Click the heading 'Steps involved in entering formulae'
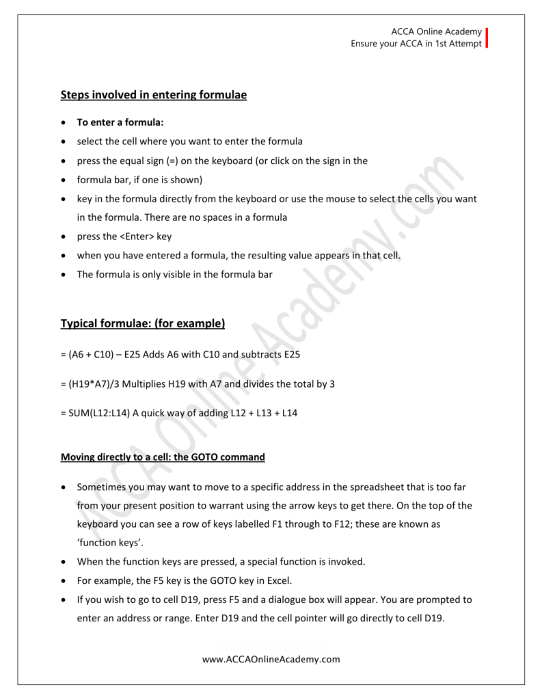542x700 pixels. tap(154, 96)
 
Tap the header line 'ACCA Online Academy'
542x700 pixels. tap(436, 31)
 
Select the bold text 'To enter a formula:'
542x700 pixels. tap(120, 122)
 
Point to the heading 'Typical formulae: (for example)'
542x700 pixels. tap(143, 323)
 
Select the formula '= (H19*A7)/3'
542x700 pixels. tap(96, 384)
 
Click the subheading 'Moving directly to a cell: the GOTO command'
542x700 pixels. tap(163, 457)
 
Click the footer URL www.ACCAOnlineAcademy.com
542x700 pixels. tap(271, 660)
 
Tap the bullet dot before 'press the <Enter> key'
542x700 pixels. tap(64, 237)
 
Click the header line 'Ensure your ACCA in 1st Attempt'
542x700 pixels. tap(416, 44)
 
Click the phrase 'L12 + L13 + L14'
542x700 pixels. tap(262, 414)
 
